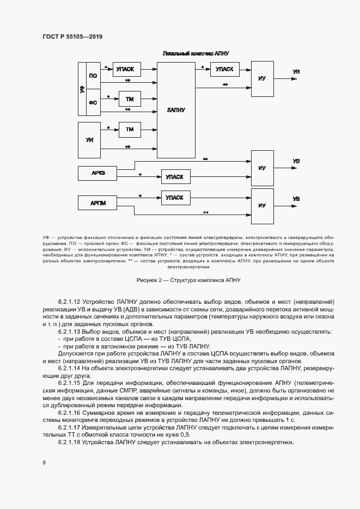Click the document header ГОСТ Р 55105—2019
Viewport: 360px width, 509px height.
pyautogui.click(x=72, y=37)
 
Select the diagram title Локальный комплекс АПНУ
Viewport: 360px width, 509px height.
pyautogui.click(x=196, y=54)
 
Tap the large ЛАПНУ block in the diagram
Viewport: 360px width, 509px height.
pyautogui.click(x=176, y=109)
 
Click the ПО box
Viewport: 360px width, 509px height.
pyautogui.click(x=93, y=76)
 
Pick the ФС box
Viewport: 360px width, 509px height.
pyautogui.click(x=93, y=102)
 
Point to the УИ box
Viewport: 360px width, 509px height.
pyautogui.click(x=90, y=139)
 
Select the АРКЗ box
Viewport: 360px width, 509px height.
pyautogui.click(x=98, y=173)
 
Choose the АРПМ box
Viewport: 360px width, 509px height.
pyautogui.click(x=98, y=204)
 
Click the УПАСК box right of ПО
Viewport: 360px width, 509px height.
pyautogui.click(x=126, y=69)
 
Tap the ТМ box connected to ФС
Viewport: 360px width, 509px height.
pyautogui.click(x=130, y=99)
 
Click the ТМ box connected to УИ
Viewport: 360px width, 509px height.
pyautogui.click(x=130, y=130)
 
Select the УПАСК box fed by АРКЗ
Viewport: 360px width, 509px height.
pyautogui.click(x=174, y=177)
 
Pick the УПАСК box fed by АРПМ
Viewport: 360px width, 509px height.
pyautogui.click(x=174, y=197)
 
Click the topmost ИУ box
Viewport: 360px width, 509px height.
pyautogui.click(x=262, y=79)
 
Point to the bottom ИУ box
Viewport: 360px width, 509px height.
pyautogui.click(x=262, y=205)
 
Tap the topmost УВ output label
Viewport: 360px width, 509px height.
pyautogui.click(x=296, y=72)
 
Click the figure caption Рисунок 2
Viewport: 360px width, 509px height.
pyautogui.click(x=188, y=280)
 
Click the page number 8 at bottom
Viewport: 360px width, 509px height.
pyautogui.click(x=44, y=463)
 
